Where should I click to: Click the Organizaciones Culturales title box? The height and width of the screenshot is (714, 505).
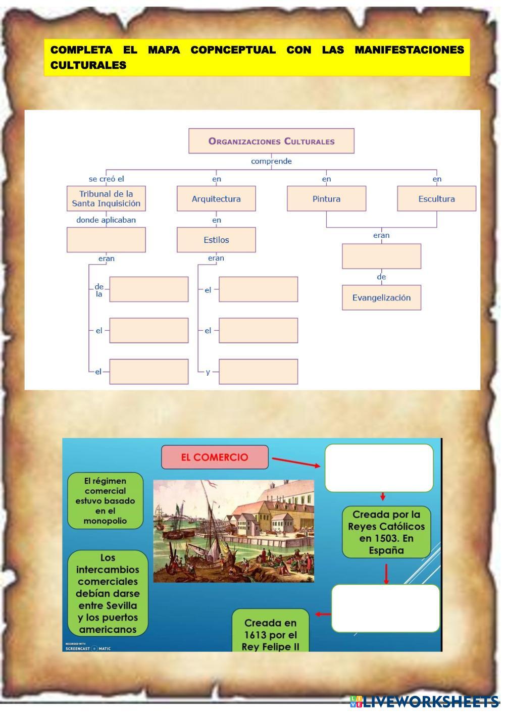pos(271,141)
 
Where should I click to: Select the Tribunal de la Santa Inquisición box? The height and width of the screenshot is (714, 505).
pos(106,198)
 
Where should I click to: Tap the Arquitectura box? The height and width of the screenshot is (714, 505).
pos(216,198)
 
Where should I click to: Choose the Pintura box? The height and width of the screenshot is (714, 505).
pos(326,198)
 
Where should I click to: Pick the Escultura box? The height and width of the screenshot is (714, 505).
pos(436,198)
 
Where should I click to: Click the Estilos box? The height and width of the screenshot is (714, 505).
pos(216,240)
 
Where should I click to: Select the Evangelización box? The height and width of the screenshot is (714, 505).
pos(381,297)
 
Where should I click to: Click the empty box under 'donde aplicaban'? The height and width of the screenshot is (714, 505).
pos(106,240)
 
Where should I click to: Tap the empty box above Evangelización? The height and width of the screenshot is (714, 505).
pos(381,257)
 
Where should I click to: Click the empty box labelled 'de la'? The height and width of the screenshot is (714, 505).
pos(149,289)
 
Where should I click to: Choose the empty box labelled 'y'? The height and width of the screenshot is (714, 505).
pos(258,372)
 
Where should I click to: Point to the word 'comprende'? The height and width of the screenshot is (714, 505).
pos(271,162)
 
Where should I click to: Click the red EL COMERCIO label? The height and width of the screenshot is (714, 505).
pos(215,457)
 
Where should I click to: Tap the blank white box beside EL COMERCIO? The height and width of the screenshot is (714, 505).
pos(379,468)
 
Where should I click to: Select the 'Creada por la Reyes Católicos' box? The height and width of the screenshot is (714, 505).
pos(386,532)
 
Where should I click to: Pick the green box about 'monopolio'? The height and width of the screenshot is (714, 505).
pos(105,501)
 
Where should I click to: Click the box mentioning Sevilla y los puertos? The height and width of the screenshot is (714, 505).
pos(108,593)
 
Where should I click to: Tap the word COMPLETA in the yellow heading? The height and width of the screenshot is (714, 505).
pos(81,50)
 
